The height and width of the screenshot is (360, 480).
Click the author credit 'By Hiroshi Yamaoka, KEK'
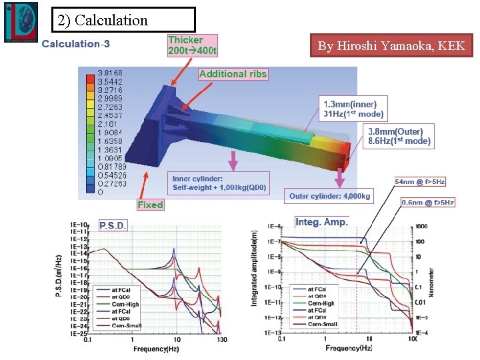[x=392, y=46]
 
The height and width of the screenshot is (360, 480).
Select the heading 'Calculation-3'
[x=76, y=44]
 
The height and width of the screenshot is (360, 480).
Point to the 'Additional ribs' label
[x=233, y=74]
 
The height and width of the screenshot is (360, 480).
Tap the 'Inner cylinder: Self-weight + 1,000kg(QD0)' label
[x=219, y=183]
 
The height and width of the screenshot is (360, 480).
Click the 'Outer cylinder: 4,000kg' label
[x=329, y=196]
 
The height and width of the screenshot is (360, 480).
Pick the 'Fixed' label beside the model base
[x=150, y=205]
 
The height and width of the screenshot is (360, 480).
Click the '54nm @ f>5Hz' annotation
[x=420, y=181]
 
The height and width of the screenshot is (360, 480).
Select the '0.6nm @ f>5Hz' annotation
[x=427, y=202]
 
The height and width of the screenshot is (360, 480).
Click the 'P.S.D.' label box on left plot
[x=113, y=225]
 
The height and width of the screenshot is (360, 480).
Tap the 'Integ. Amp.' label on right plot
[x=321, y=222]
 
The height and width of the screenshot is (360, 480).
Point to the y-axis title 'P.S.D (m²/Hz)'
[x=59, y=276]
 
